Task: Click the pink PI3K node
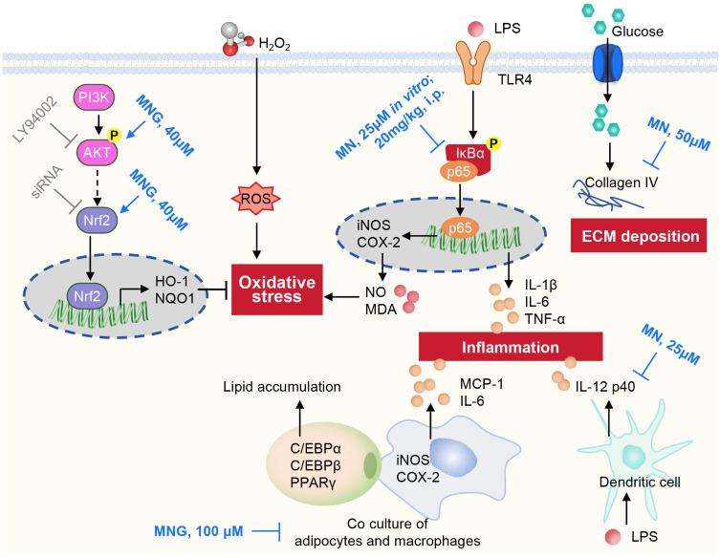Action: pyautogui.click(x=95, y=98)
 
